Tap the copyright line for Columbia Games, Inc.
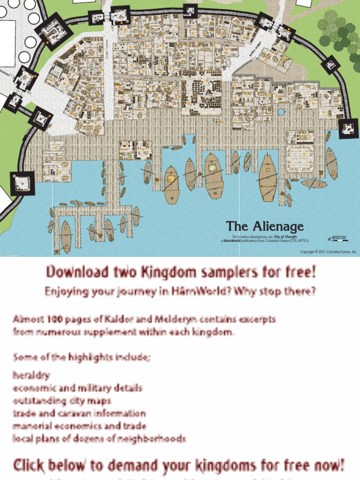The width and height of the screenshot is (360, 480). click(329, 252)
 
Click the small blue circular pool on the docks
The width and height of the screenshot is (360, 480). click(281, 112)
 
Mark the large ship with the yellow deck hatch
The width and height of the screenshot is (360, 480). click(171, 184)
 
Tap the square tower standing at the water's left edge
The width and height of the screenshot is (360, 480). click(22, 183)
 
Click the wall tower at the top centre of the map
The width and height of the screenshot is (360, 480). click(190, 10)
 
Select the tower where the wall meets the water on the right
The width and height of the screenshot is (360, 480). click(348, 128)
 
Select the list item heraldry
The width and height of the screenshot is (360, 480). click(31, 375)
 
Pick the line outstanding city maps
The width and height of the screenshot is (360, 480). click(62, 401)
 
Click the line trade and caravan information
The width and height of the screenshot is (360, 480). click(79, 413)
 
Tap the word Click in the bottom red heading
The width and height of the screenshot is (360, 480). click(30, 465)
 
